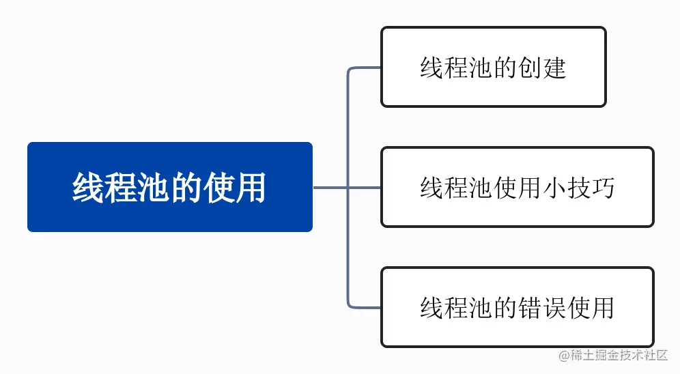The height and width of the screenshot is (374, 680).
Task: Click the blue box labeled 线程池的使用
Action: point(169,187)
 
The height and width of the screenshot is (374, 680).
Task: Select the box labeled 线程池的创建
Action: point(493,67)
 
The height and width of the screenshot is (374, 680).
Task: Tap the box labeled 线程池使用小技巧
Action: point(517,187)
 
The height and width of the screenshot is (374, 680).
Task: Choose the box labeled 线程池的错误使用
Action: point(517,307)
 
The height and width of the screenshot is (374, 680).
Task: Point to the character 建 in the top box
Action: point(554,68)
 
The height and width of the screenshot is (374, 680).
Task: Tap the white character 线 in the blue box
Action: point(87,188)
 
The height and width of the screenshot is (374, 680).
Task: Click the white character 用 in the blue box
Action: point(251,188)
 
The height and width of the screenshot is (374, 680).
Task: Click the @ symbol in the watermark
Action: point(564,356)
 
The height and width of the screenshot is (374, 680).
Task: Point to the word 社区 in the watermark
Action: point(657,356)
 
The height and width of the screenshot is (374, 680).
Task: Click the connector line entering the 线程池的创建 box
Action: point(365,68)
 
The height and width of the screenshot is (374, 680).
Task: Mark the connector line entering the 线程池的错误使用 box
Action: point(365,307)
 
